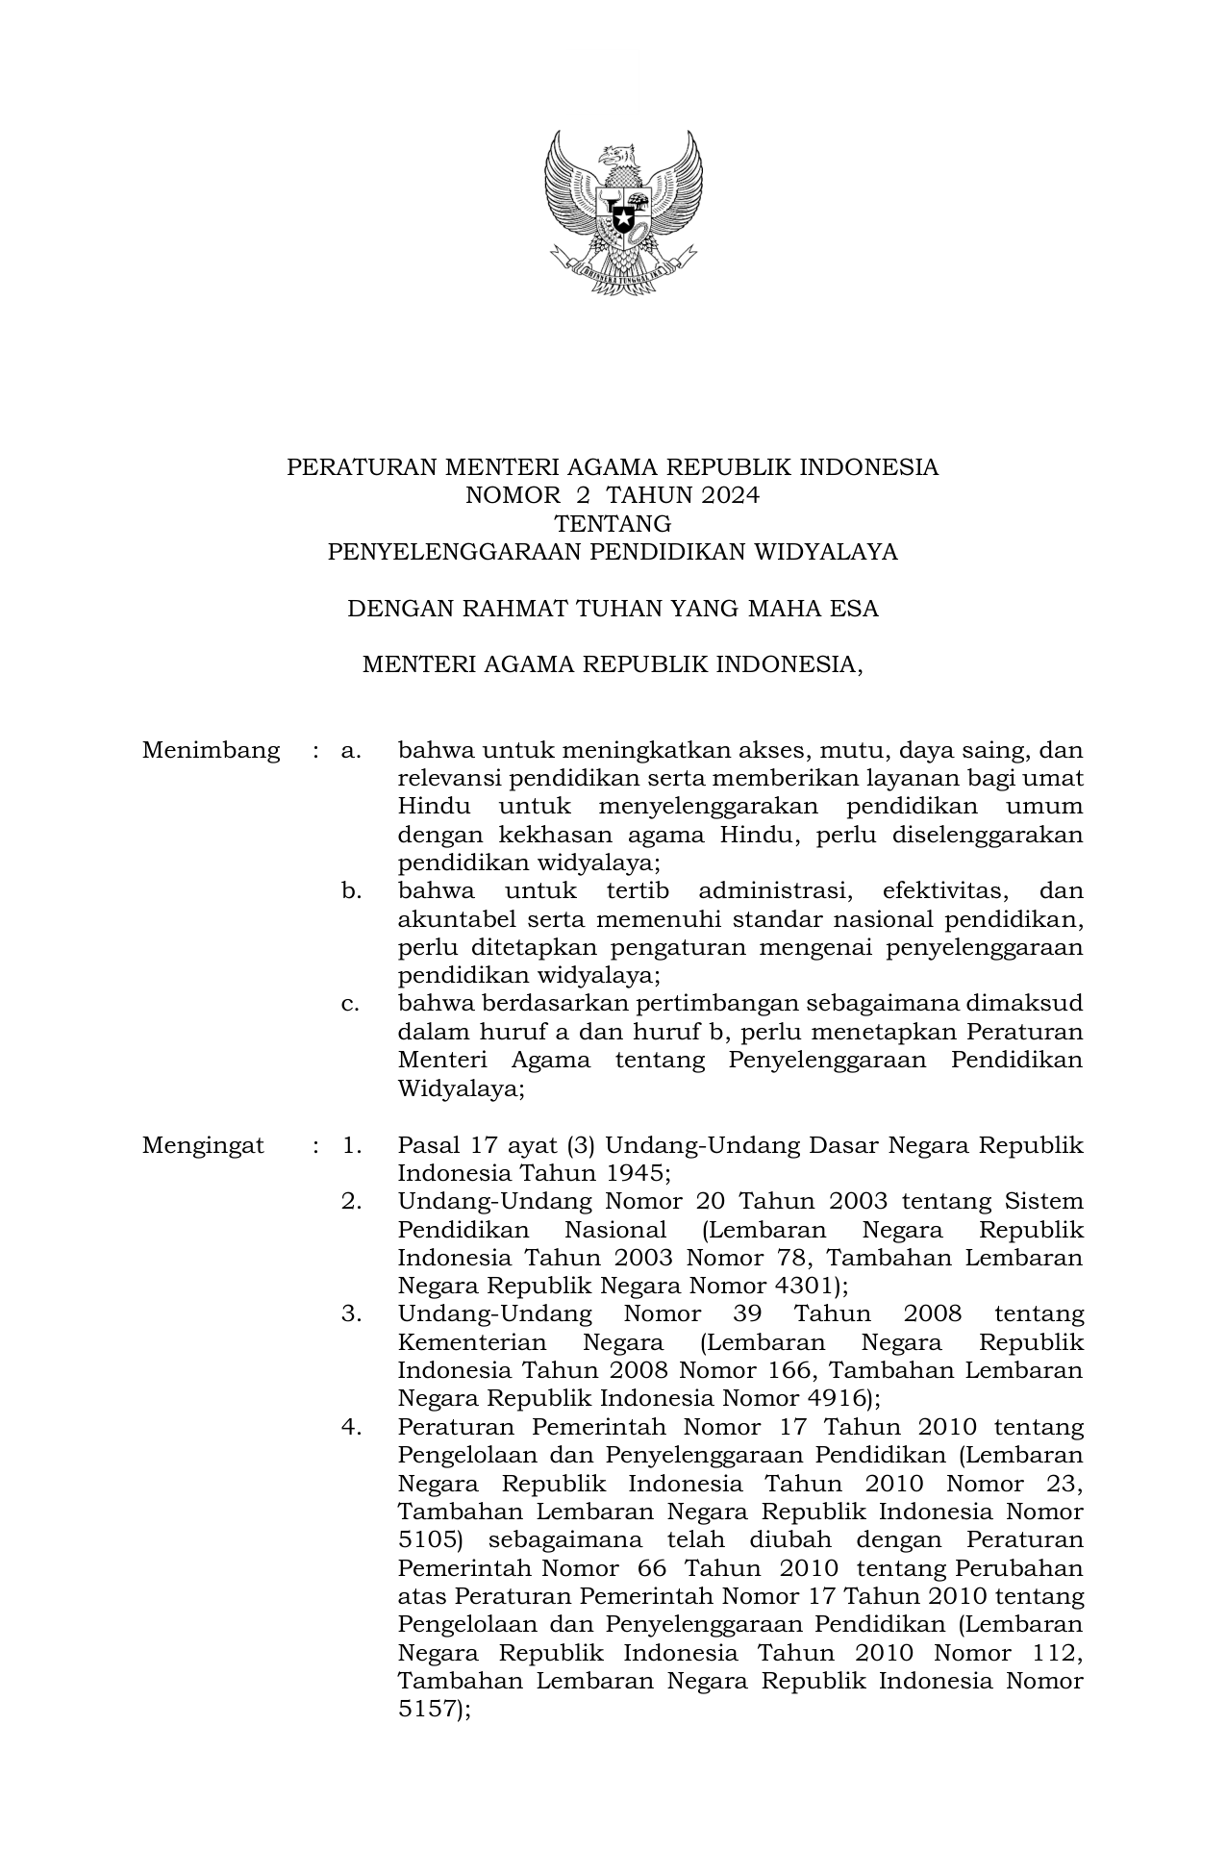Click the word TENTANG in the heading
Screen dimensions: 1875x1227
click(613, 524)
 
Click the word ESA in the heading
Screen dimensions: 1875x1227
click(856, 609)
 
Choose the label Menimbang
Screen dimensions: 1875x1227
click(211, 750)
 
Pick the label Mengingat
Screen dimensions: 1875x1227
click(203, 1145)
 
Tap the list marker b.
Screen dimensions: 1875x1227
click(351, 891)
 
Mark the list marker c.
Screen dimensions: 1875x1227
click(350, 1004)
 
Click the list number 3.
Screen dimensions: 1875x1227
click(351, 1314)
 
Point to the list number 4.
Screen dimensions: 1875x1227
click(351, 1427)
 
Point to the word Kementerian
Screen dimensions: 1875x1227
click(471, 1342)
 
